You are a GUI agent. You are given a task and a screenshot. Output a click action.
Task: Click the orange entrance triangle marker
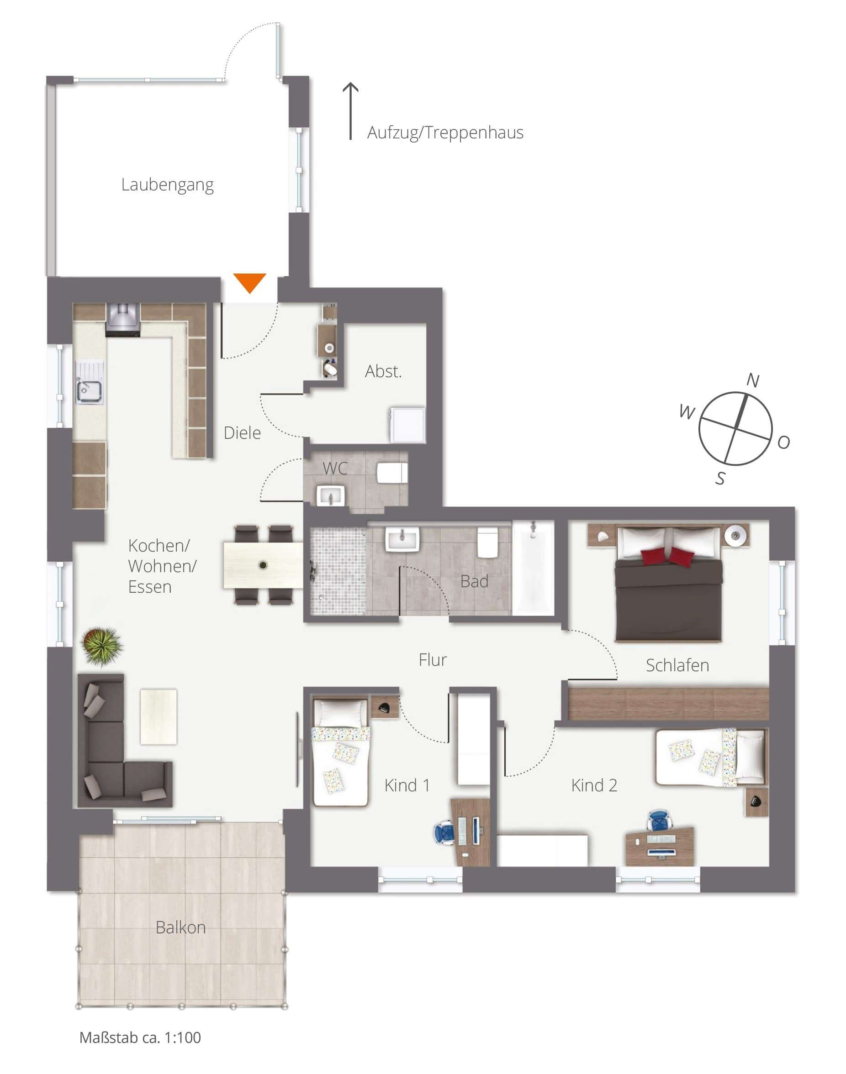tap(249, 282)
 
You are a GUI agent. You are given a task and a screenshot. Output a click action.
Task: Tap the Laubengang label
tap(167, 184)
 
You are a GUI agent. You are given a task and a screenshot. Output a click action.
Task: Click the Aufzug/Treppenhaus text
tap(445, 133)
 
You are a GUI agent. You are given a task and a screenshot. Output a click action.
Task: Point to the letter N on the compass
tap(752, 380)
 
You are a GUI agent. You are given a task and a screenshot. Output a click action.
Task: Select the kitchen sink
tap(89, 391)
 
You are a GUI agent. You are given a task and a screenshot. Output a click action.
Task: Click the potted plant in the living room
tap(101, 646)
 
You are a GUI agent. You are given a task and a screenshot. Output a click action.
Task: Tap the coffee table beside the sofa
tap(159, 716)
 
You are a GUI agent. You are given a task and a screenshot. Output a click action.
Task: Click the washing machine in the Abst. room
tap(407, 424)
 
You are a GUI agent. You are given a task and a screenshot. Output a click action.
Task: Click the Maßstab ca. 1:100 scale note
tap(140, 1037)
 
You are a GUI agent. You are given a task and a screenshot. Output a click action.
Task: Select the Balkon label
tap(181, 927)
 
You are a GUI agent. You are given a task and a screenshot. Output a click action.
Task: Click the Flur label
tap(433, 659)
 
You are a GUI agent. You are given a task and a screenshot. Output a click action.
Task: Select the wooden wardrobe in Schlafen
tap(668, 703)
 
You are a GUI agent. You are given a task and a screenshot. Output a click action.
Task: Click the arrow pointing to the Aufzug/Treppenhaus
tap(351, 111)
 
